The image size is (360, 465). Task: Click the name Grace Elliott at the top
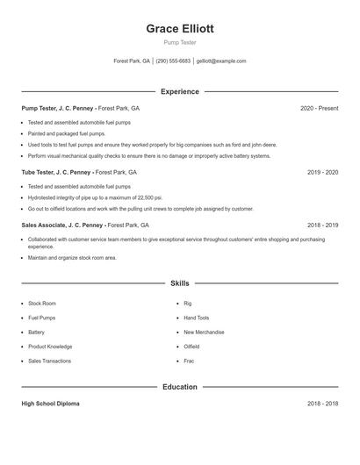(x=179, y=28)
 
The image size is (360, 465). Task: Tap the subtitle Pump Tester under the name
(x=179, y=42)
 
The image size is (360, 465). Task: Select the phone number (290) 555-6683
(x=173, y=61)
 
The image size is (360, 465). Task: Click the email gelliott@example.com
(x=221, y=61)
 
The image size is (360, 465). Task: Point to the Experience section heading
(x=179, y=91)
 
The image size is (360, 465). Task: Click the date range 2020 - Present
(x=319, y=108)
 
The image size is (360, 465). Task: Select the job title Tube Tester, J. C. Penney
(x=56, y=173)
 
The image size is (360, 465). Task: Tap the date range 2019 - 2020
(x=322, y=173)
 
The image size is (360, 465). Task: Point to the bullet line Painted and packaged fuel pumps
(x=67, y=133)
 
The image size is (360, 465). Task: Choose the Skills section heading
(x=179, y=283)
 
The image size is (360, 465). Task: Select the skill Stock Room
(x=42, y=304)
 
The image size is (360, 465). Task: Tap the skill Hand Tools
(x=196, y=318)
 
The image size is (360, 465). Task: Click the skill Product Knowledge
(x=50, y=347)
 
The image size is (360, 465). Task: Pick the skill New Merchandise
(x=204, y=333)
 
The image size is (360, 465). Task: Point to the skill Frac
(x=188, y=361)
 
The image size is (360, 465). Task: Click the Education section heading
(x=179, y=387)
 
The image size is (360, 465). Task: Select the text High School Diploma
(x=50, y=404)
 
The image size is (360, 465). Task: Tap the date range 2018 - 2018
(x=322, y=404)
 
